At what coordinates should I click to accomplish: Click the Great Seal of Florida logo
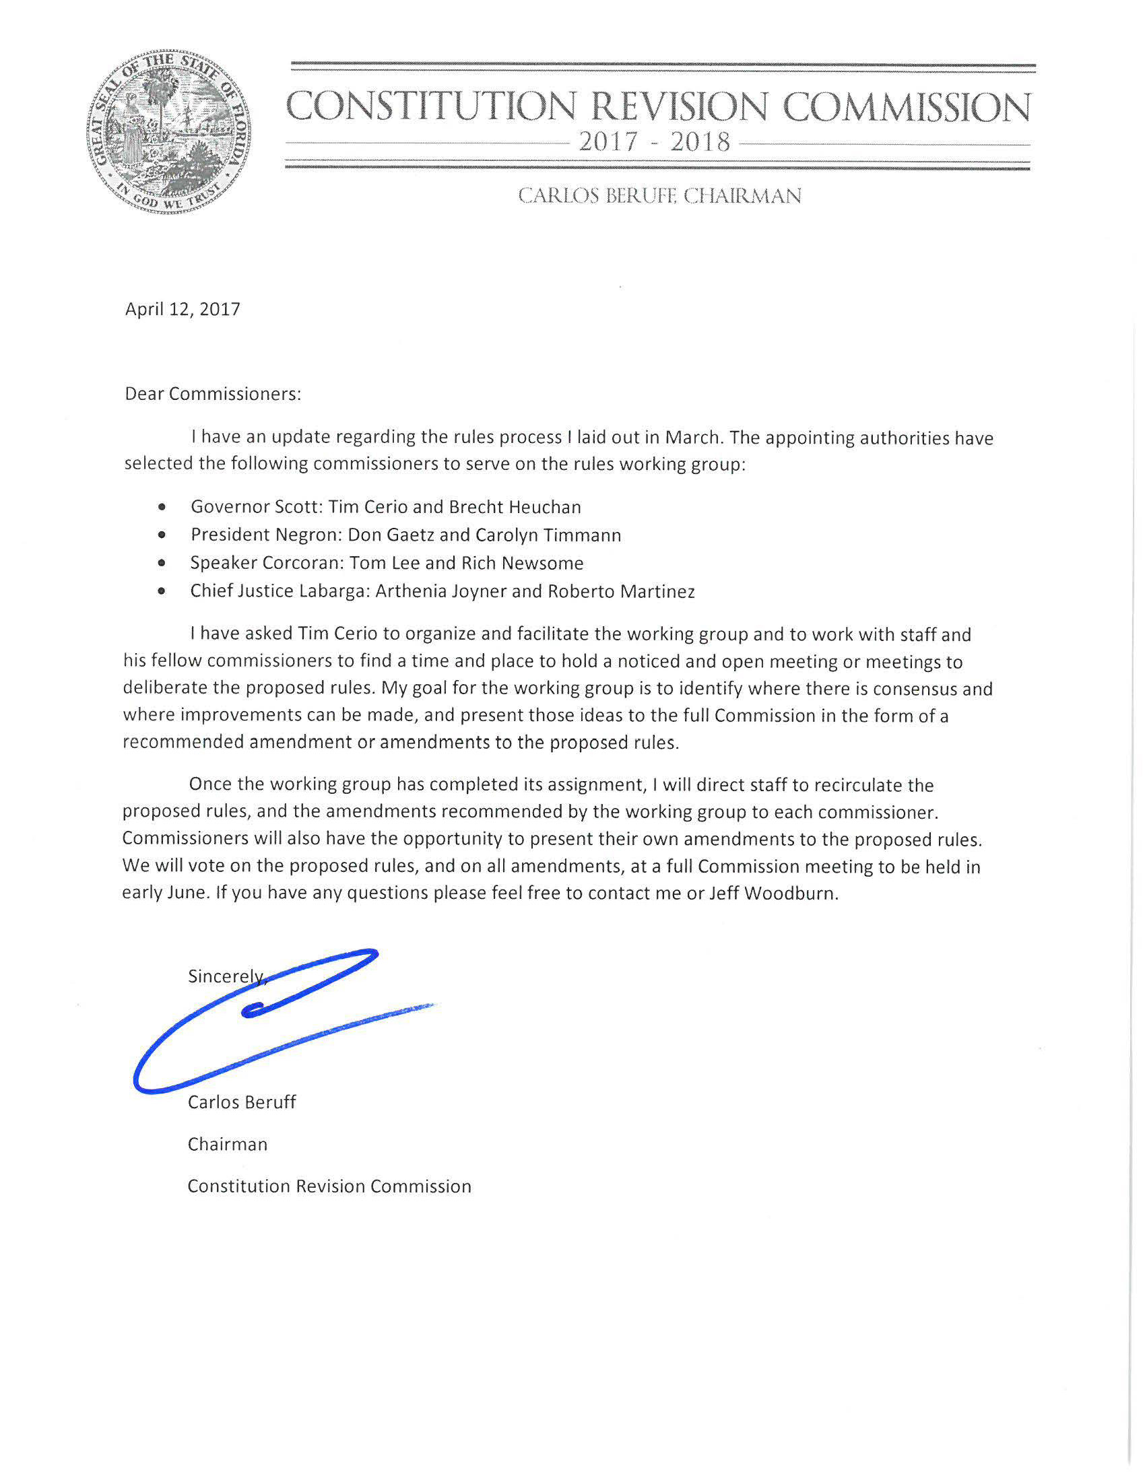[x=168, y=133]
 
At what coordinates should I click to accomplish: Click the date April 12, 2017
[x=183, y=310]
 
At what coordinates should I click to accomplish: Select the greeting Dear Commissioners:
[x=212, y=395]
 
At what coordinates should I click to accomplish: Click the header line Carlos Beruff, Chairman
[x=659, y=196]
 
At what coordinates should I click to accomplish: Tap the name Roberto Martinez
[x=621, y=592]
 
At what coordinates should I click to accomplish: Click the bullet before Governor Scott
[x=161, y=507]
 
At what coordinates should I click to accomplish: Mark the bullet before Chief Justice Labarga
[x=161, y=592]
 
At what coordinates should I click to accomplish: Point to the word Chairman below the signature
[x=228, y=1145]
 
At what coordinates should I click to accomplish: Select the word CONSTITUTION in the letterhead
[x=432, y=106]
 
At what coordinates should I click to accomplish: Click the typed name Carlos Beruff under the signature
[x=242, y=1102]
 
